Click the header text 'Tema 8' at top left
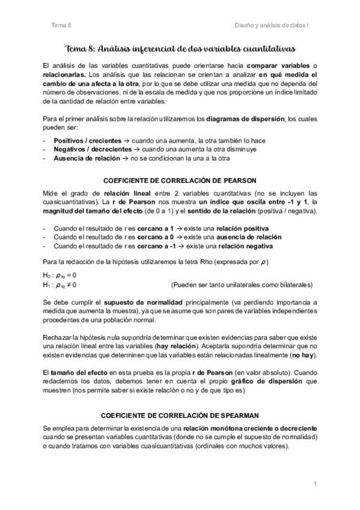61,25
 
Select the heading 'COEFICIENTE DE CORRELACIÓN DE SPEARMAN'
180,415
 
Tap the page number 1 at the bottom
314,485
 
